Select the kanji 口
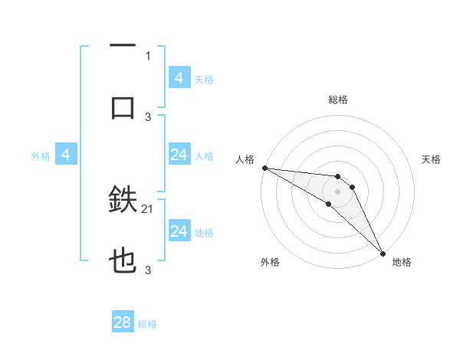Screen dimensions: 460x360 click(123, 108)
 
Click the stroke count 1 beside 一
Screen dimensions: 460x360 click(148, 55)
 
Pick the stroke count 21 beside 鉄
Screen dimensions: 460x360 click(148, 208)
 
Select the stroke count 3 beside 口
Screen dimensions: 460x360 click(148, 116)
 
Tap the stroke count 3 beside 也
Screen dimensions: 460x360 click(148, 270)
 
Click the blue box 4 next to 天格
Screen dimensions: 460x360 click(179, 78)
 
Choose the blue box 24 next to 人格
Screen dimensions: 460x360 click(179, 155)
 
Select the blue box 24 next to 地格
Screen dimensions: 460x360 click(179, 231)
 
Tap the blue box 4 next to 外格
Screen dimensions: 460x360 click(66, 155)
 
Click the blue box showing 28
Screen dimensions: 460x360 click(123, 322)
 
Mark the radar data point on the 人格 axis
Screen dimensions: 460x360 click(264, 168)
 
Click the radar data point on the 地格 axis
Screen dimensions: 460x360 click(383, 252)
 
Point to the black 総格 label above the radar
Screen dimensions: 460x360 click(338, 100)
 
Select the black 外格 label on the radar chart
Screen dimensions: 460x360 click(270, 262)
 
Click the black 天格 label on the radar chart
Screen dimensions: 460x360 click(432, 159)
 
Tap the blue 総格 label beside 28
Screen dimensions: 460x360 click(147, 324)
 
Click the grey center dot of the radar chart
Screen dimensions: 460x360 click(337, 191)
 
